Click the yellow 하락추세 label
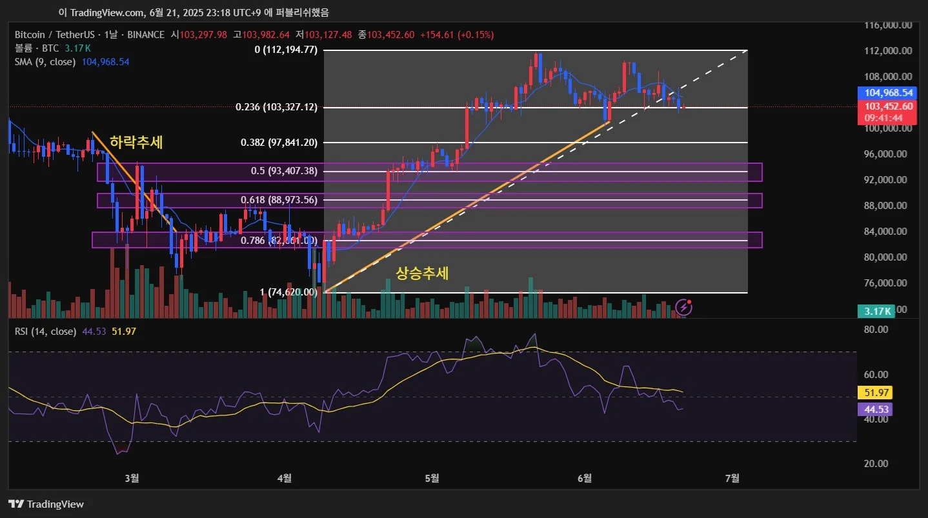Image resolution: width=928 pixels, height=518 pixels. tap(136, 143)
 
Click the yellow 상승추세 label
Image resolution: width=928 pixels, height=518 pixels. tap(422, 274)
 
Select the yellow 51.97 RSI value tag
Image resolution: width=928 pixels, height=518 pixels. tap(874, 392)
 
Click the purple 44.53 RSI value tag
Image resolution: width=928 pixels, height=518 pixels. tap(874, 409)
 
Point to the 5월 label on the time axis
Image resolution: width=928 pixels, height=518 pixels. tap(432, 478)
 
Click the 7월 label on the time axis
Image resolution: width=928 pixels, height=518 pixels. tap(732, 478)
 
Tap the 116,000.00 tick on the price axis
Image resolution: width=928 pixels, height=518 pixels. tap(889, 25)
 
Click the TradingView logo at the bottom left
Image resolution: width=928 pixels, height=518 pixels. tap(46, 504)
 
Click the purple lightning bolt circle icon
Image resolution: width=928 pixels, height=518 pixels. tap(684, 308)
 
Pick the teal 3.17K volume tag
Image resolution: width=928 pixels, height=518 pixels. tap(875, 312)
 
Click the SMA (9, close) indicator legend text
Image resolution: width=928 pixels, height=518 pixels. tap(45, 62)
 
